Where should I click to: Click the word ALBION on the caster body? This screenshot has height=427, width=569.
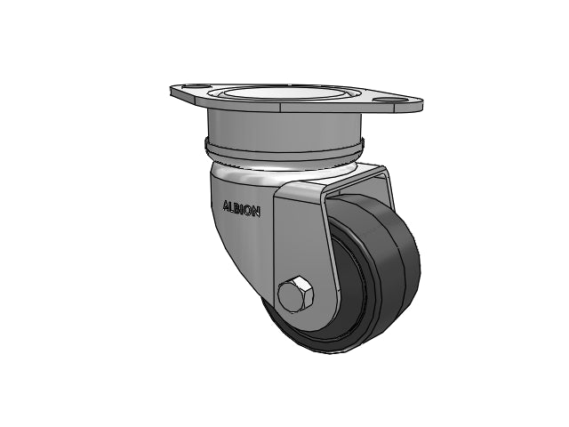241,210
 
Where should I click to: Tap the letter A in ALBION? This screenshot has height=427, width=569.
226,206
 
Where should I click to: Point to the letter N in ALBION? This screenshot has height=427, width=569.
256,212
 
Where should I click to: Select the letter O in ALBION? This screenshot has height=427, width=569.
249,211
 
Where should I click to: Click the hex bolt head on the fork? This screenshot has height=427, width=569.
295,294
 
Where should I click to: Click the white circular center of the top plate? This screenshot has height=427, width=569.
283,93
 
